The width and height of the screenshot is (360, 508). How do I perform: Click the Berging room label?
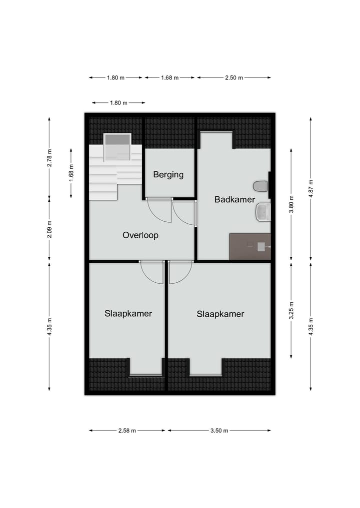point(168,175)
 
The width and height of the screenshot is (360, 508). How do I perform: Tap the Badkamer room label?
point(234,200)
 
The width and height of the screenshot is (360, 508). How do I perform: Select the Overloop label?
point(140,235)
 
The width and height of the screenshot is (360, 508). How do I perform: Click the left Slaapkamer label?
point(128,314)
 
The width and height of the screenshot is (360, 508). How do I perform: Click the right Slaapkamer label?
point(220,314)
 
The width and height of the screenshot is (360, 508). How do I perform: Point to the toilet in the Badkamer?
point(260,187)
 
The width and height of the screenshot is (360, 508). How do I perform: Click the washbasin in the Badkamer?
point(262,212)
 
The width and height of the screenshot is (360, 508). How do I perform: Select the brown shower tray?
point(249,246)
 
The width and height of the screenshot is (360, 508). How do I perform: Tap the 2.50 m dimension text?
point(234,78)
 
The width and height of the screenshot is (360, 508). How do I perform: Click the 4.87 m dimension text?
point(310,189)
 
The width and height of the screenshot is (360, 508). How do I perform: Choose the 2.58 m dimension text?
point(127,431)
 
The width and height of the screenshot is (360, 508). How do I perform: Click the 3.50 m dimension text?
point(219,431)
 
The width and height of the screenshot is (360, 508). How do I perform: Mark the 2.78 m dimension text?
point(49,158)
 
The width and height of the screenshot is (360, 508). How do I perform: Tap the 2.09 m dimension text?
point(49,229)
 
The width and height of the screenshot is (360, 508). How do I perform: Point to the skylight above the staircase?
point(117,147)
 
